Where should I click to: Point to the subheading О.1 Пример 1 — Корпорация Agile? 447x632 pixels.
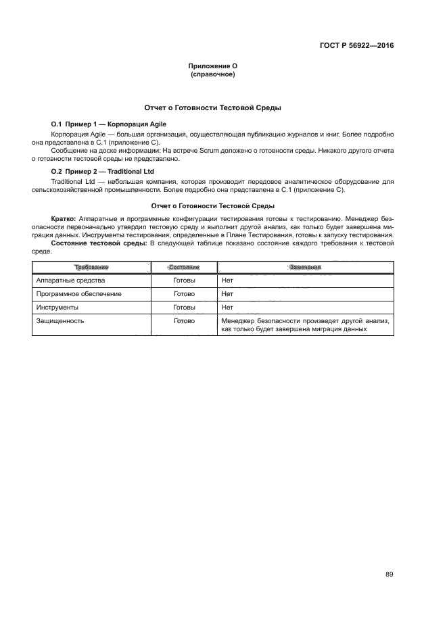click(x=109, y=124)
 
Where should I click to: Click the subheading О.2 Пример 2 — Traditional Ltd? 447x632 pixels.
click(x=103, y=172)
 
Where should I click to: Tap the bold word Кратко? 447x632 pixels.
click(x=65, y=219)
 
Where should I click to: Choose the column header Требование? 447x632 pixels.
click(x=91, y=268)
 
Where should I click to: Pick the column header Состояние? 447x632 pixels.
click(x=184, y=268)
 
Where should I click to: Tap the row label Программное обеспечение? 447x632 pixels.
click(x=78, y=294)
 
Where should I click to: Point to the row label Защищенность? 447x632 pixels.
click(x=60, y=321)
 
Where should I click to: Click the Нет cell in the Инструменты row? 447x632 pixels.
click(x=227, y=308)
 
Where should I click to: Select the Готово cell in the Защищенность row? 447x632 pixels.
click(x=184, y=321)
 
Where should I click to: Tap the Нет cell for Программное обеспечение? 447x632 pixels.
click(x=227, y=294)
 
